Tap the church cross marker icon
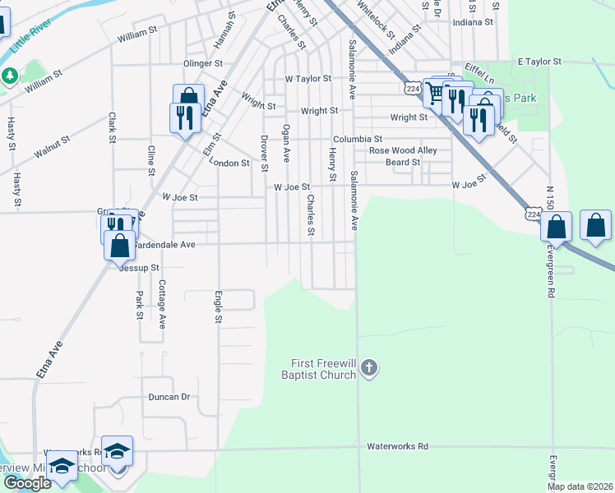[369, 368]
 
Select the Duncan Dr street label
[169, 397]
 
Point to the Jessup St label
[139, 268]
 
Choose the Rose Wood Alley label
[403, 151]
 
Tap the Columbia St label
[357, 140]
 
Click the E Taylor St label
[539, 62]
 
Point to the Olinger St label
[203, 63]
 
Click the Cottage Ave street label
[163, 305]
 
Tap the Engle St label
[218, 306]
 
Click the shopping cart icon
[433, 92]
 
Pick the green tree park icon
[10, 76]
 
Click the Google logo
[27, 483]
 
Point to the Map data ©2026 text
[580, 486]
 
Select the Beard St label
[403, 163]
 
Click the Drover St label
[264, 154]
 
